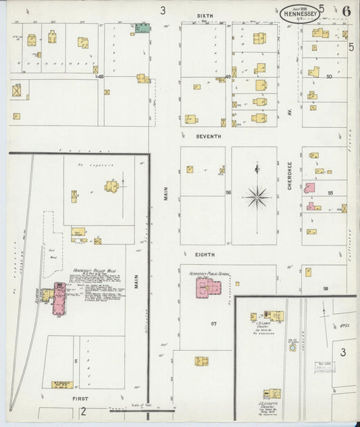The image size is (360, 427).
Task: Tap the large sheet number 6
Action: point(345,10)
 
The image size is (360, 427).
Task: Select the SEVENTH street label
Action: point(209,136)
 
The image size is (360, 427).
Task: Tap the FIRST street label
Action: point(80,399)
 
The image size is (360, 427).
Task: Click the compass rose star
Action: point(257,197)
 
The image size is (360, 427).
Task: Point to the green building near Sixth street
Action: point(142,28)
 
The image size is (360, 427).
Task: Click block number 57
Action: point(213,324)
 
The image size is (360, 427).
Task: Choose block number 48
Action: point(101,77)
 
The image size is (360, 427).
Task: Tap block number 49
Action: point(228,77)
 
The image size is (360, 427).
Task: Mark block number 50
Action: point(329,77)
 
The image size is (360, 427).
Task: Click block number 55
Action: point(330,193)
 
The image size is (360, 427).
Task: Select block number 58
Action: point(325,288)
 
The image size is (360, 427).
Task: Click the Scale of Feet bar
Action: point(142,409)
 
